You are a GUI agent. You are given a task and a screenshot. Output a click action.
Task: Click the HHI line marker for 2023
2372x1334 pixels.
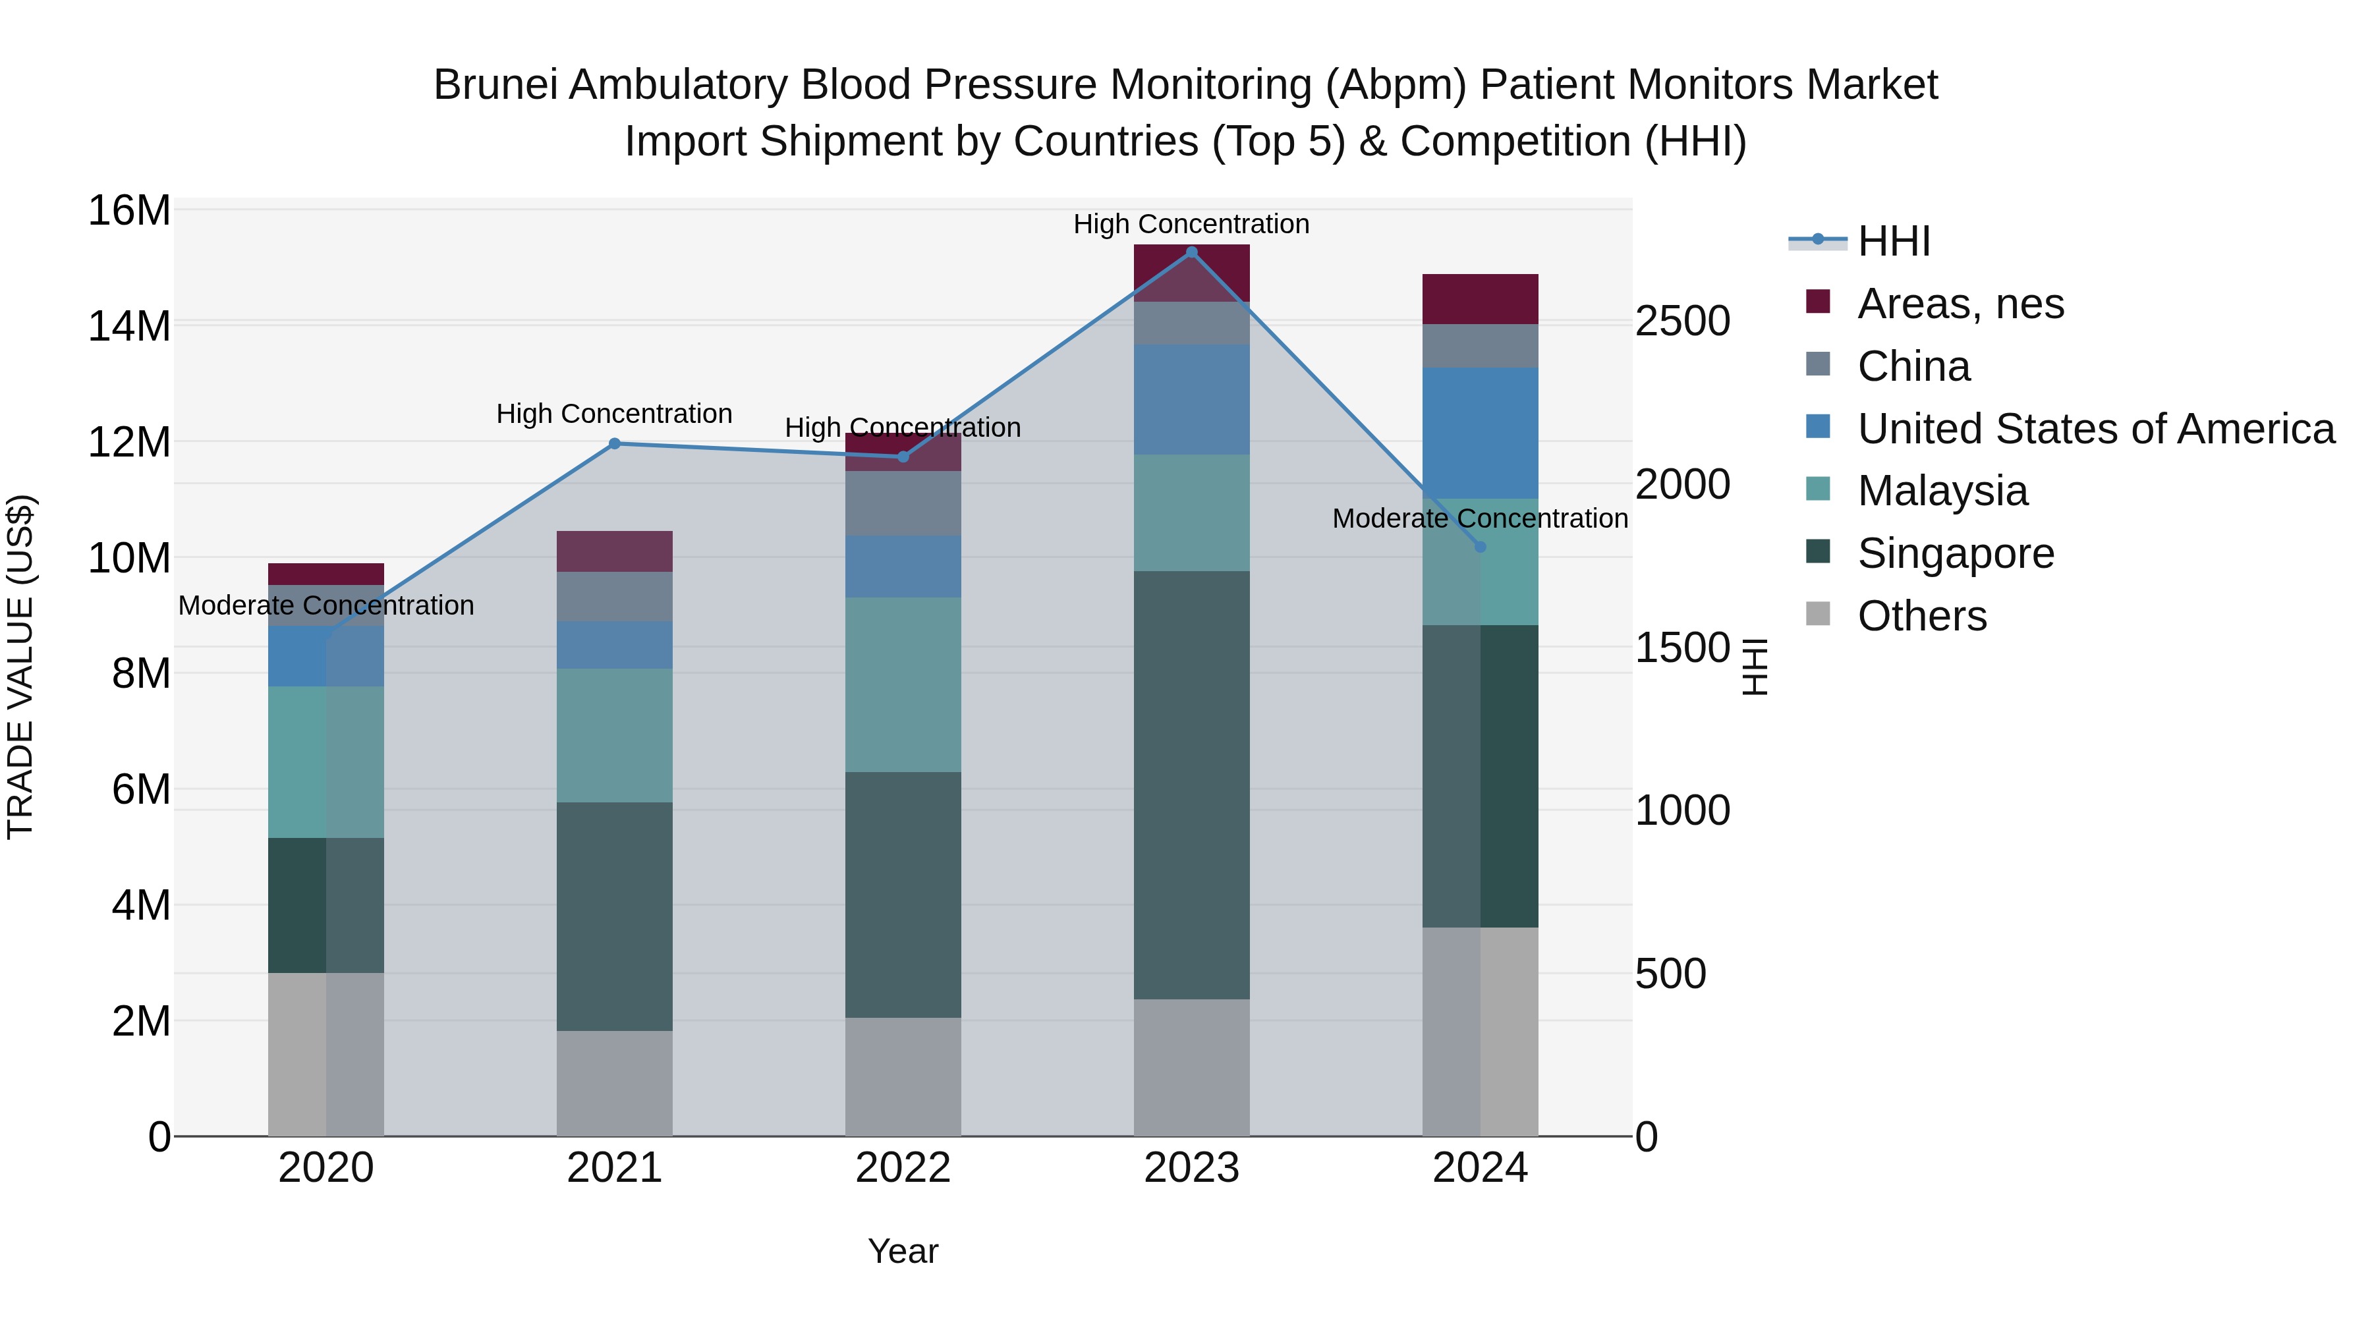pyautogui.click(x=1191, y=252)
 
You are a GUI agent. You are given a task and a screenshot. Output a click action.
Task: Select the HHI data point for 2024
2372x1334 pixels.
pyautogui.click(x=1481, y=547)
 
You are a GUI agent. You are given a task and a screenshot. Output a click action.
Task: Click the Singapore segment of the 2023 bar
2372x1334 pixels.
pyautogui.click(x=1191, y=785)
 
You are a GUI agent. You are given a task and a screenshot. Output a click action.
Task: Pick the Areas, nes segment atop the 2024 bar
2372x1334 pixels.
pyautogui.click(x=1481, y=299)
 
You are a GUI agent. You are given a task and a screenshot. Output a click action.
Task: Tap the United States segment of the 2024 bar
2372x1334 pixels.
pyautogui.click(x=1481, y=433)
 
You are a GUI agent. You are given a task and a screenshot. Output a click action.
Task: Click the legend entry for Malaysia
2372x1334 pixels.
pyautogui.click(x=1943, y=491)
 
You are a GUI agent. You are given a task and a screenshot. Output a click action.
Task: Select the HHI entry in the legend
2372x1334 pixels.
pyautogui.click(x=1893, y=241)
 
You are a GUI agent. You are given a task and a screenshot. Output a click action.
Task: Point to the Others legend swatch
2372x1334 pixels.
pyautogui.click(x=1819, y=613)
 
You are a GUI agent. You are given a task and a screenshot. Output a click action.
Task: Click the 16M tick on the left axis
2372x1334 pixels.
pyautogui.click(x=129, y=211)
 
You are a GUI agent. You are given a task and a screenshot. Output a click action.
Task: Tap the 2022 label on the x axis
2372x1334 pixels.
pyautogui.click(x=903, y=1168)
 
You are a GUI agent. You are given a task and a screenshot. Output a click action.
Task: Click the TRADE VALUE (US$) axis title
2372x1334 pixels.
pyautogui.click(x=20, y=667)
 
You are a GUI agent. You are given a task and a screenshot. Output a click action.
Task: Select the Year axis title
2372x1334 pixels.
pyautogui.click(x=903, y=1251)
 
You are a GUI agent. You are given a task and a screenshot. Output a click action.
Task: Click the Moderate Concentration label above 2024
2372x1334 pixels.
pyautogui.click(x=1481, y=518)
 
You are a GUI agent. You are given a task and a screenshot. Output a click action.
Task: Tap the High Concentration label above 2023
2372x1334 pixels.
pyautogui.click(x=1191, y=224)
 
